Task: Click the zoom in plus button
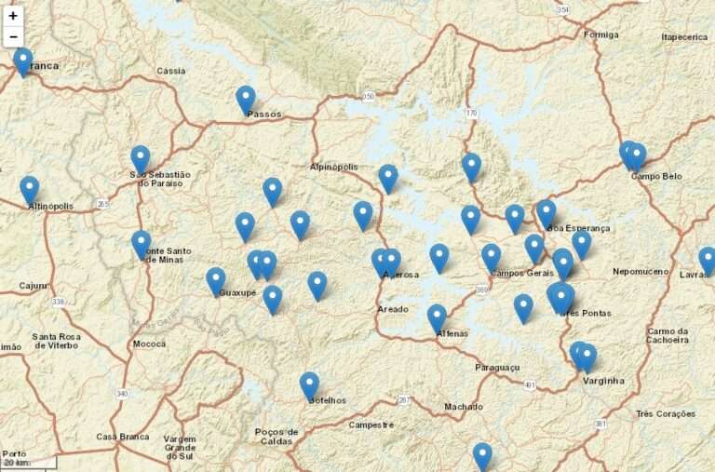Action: point(13,16)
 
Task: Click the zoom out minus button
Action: point(13,36)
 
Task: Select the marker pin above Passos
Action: point(246,98)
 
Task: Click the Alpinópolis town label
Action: point(333,167)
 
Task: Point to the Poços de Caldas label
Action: point(277,436)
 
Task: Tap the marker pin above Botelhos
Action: point(309,384)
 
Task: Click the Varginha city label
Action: point(603,381)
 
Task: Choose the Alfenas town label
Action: point(451,332)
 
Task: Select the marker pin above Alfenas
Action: point(437,317)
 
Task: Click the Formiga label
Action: point(600,34)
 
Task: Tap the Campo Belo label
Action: point(656,175)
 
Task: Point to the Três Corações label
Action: point(666,412)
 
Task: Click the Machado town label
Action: point(463,406)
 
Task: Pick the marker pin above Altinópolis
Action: point(30,188)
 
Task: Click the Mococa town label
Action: point(149,343)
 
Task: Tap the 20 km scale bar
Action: point(28,462)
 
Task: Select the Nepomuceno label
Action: point(641,271)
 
